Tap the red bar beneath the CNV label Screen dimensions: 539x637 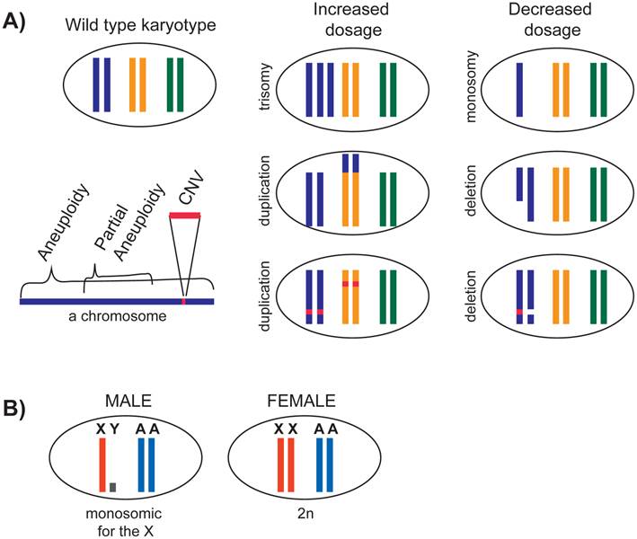coord(185,216)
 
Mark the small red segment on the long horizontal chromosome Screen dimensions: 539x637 coord(185,301)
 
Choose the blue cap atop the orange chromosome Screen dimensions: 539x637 coord(347,162)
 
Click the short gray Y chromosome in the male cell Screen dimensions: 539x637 coord(112,487)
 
